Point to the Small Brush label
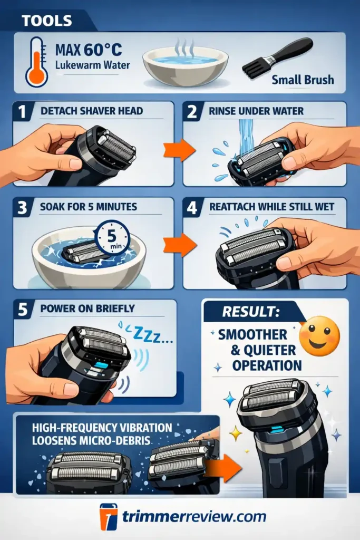click(303, 80)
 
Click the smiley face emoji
click(319, 335)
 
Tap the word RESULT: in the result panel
click(250, 311)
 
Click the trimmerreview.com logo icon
click(109, 517)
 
